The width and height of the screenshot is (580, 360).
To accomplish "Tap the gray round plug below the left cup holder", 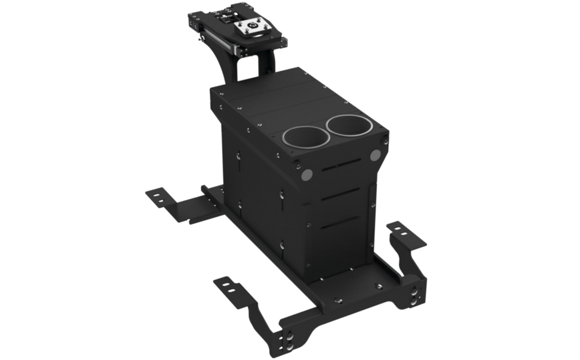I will click(x=306, y=176).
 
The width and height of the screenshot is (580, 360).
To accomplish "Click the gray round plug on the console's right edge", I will click(x=375, y=156).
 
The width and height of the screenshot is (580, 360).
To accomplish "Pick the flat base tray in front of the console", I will click(x=360, y=287).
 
